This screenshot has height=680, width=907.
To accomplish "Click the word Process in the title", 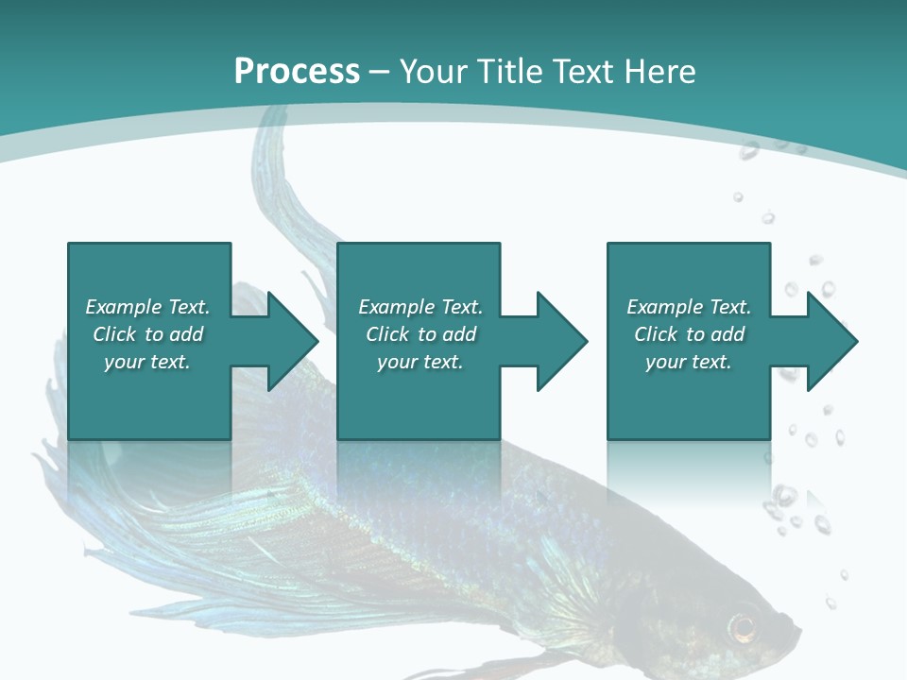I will pyautogui.click(x=297, y=72).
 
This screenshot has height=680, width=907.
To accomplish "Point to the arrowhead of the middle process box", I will pyautogui.click(x=560, y=341).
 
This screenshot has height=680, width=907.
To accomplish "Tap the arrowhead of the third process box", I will pyautogui.click(x=830, y=341).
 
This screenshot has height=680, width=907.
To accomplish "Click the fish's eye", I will pyautogui.click(x=743, y=626).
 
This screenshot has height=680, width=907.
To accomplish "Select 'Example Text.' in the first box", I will pyautogui.click(x=147, y=307).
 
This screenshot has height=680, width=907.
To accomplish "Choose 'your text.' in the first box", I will pyautogui.click(x=147, y=362).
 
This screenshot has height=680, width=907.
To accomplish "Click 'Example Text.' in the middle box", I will pyautogui.click(x=420, y=307).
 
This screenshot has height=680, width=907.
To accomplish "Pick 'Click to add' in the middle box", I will pyautogui.click(x=420, y=334).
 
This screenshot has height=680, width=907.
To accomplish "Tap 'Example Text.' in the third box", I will pyautogui.click(x=689, y=307).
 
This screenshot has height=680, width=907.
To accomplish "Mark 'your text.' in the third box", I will pyautogui.click(x=689, y=362).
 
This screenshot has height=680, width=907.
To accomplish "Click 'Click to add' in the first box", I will pyautogui.click(x=147, y=334).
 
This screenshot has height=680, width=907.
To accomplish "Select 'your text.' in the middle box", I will pyautogui.click(x=420, y=362).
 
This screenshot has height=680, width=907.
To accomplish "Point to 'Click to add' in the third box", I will pyautogui.click(x=689, y=334).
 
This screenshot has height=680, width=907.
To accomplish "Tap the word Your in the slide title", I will pyautogui.click(x=431, y=72).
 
